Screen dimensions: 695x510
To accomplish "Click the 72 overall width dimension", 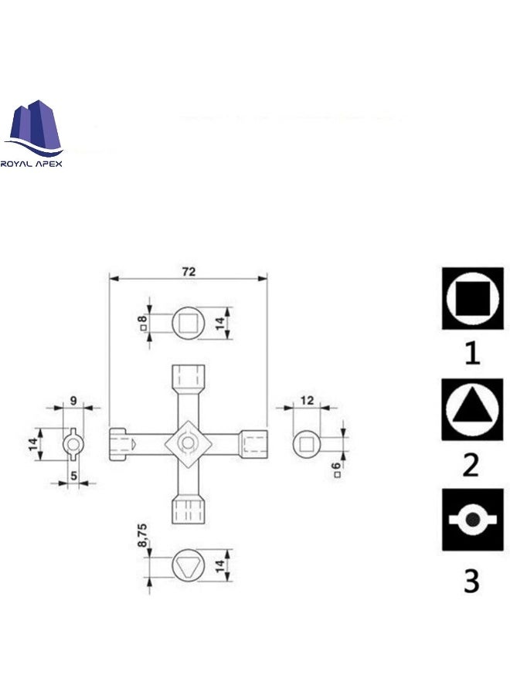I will [189, 271].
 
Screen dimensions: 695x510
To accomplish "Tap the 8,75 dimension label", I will [141, 535].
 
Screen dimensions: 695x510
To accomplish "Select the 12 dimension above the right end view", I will [307, 400].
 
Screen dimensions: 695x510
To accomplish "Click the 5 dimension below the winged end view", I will [73, 476].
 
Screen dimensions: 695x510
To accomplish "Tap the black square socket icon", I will [472, 298].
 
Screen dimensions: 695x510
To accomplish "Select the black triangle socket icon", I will [472, 409].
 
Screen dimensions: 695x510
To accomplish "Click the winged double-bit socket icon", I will [472, 520].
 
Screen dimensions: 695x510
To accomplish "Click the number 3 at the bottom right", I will [471, 581].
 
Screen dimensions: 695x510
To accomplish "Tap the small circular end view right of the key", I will [307, 443].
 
